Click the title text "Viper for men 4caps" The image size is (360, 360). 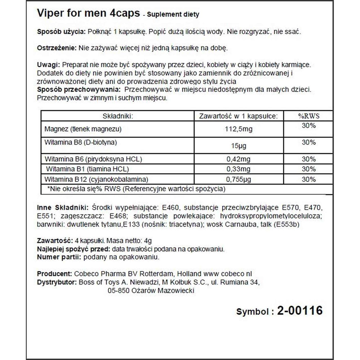pyautogui.click(x=88, y=13)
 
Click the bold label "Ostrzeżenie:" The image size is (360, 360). pyautogui.click(x=57, y=48)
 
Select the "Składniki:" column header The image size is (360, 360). pyautogui.click(x=118, y=116)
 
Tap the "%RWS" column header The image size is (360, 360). pyautogui.click(x=309, y=116)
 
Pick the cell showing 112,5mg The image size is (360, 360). pyautogui.click(x=238, y=129)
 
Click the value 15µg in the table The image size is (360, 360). pyautogui.click(x=238, y=146)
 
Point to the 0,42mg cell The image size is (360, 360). pyautogui.click(x=238, y=159)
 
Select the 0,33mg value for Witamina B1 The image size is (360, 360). pyautogui.click(x=238, y=169)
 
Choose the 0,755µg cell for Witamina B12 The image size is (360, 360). pyautogui.click(x=238, y=179)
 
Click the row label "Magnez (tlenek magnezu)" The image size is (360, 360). pyautogui.click(x=83, y=129)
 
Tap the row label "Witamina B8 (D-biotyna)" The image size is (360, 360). pyautogui.click(x=80, y=142)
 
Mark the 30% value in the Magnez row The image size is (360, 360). pyautogui.click(x=309, y=126)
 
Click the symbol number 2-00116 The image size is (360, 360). pyautogui.click(x=300, y=311)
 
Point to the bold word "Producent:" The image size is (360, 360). pyautogui.click(x=55, y=274)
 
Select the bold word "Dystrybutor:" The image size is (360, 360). pyautogui.click(x=57, y=282)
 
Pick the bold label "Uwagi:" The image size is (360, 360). pyautogui.click(x=48, y=65)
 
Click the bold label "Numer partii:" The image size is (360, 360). pyautogui.click(x=59, y=257)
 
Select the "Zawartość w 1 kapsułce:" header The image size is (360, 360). pyautogui.click(x=238, y=116)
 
